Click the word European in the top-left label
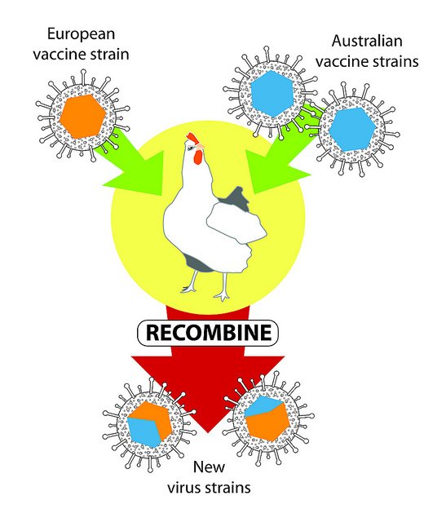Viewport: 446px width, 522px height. click(82, 34)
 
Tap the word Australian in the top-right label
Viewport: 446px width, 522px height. click(367, 42)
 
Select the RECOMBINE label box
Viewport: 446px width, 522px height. click(208, 333)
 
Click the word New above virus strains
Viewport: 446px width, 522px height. click(209, 467)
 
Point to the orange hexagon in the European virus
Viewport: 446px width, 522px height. click(83, 116)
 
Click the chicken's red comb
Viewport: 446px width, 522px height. click(192, 138)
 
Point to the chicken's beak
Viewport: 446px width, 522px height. click(201, 146)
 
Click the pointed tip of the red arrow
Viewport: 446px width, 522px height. click(208, 433)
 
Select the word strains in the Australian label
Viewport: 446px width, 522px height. click(394, 62)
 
